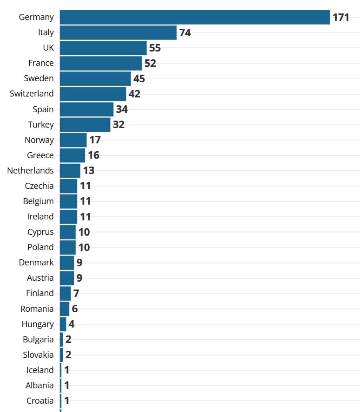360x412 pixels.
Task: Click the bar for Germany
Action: coord(195,17)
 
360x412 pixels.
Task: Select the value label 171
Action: coord(340,18)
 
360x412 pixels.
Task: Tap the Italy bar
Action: coord(118,32)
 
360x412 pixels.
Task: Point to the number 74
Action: coord(185,33)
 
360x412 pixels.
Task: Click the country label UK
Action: coord(48,48)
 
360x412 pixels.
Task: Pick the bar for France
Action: coord(101,63)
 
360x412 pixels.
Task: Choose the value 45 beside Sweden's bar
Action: coord(139,79)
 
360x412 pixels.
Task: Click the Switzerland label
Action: coord(32,94)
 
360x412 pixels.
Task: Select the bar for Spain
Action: coord(86,109)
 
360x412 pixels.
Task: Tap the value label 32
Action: coord(118,125)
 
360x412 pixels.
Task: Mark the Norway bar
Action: coord(73,140)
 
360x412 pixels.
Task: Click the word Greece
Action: coord(40,155)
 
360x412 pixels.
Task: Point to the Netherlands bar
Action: coord(70,171)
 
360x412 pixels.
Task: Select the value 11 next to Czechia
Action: coord(85,186)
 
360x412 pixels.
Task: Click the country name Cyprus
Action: coord(40,232)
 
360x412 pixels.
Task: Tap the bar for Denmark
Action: coord(67,263)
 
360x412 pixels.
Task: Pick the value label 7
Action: coord(77,293)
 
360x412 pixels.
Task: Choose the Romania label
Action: coord(37,309)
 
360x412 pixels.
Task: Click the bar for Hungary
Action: coord(63,324)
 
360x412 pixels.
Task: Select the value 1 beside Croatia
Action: coord(67,400)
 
